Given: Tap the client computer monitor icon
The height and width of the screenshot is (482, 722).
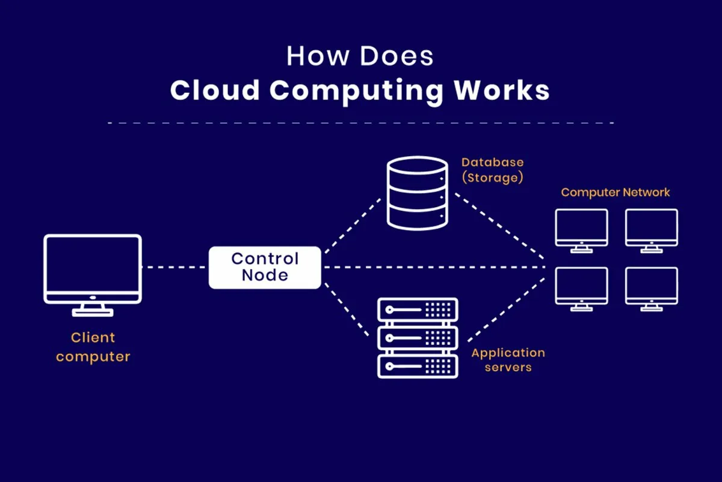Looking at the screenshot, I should coord(93,268).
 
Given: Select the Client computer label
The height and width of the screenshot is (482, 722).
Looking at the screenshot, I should coord(93,347).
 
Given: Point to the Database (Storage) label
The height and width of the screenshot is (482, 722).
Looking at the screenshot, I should coord(492,170).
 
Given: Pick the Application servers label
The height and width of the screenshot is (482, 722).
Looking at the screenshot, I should coord(508,359).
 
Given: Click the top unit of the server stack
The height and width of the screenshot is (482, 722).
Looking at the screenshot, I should coord(417,310).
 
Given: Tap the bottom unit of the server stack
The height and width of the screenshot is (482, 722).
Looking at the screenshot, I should coord(417,366).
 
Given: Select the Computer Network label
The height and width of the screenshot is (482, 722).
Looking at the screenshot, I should coord(615,193).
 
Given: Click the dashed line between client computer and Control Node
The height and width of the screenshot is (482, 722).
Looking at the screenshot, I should coord(174,267).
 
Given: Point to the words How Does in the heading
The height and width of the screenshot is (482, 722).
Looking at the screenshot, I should coord(359,56).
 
